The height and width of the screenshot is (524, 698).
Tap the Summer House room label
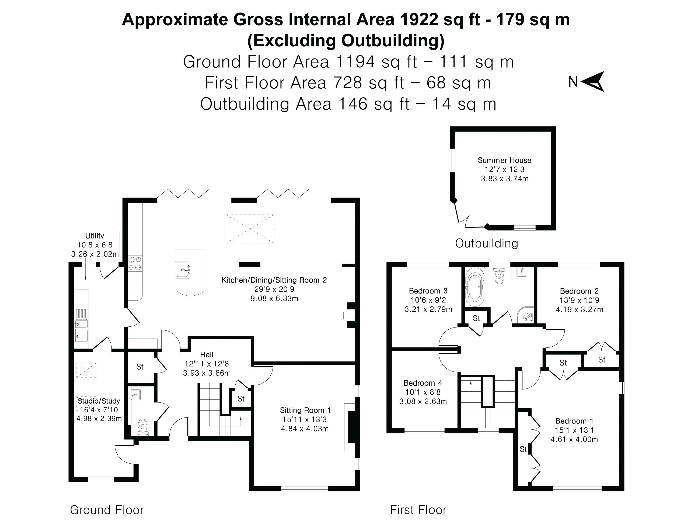(504, 160)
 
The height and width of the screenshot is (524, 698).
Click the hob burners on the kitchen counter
(135, 264)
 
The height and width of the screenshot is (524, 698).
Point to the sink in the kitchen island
(183, 270)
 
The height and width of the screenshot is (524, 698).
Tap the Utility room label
(95, 236)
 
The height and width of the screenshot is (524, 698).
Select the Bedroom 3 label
(428, 291)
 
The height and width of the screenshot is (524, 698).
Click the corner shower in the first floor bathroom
(526, 314)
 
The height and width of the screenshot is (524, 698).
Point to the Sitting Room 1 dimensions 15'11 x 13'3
(305, 419)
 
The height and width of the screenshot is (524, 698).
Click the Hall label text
(207, 355)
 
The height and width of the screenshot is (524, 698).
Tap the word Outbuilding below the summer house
(487, 243)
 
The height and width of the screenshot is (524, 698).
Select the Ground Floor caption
(107, 510)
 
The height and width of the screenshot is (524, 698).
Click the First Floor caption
(418, 510)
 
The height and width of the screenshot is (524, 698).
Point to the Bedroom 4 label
(423, 383)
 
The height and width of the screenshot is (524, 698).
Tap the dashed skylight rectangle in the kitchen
(250, 229)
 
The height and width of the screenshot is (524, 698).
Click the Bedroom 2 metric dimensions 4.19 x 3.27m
(579, 309)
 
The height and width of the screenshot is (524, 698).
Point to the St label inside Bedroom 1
(523, 449)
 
